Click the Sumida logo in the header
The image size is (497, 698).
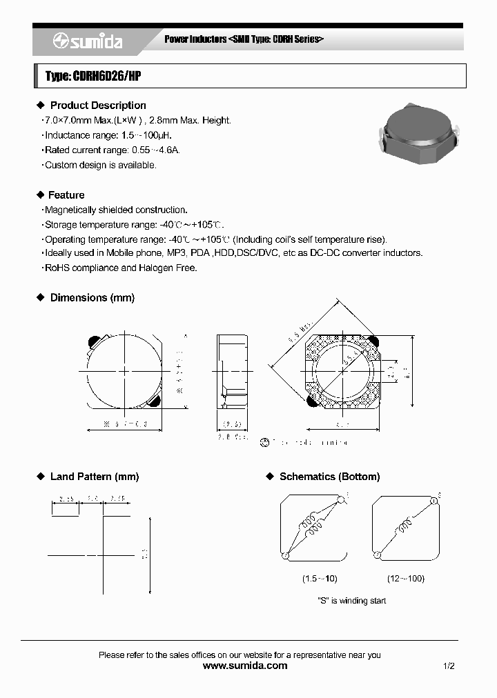click(87, 42)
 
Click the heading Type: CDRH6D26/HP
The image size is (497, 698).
click(92, 77)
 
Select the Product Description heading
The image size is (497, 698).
click(98, 106)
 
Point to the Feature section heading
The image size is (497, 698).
click(67, 195)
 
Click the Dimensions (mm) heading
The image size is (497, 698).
click(92, 297)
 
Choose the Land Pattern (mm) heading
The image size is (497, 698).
click(95, 477)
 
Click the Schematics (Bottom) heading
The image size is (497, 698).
click(329, 477)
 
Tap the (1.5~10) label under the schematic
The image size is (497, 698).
click(320, 579)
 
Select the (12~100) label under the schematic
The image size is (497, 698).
click(406, 579)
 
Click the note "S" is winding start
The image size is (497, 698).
click(351, 601)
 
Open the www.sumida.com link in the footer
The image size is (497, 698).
click(245, 666)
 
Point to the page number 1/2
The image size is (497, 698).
click(449, 666)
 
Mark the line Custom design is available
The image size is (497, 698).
click(100, 165)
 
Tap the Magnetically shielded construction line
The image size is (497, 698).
click(115, 210)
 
